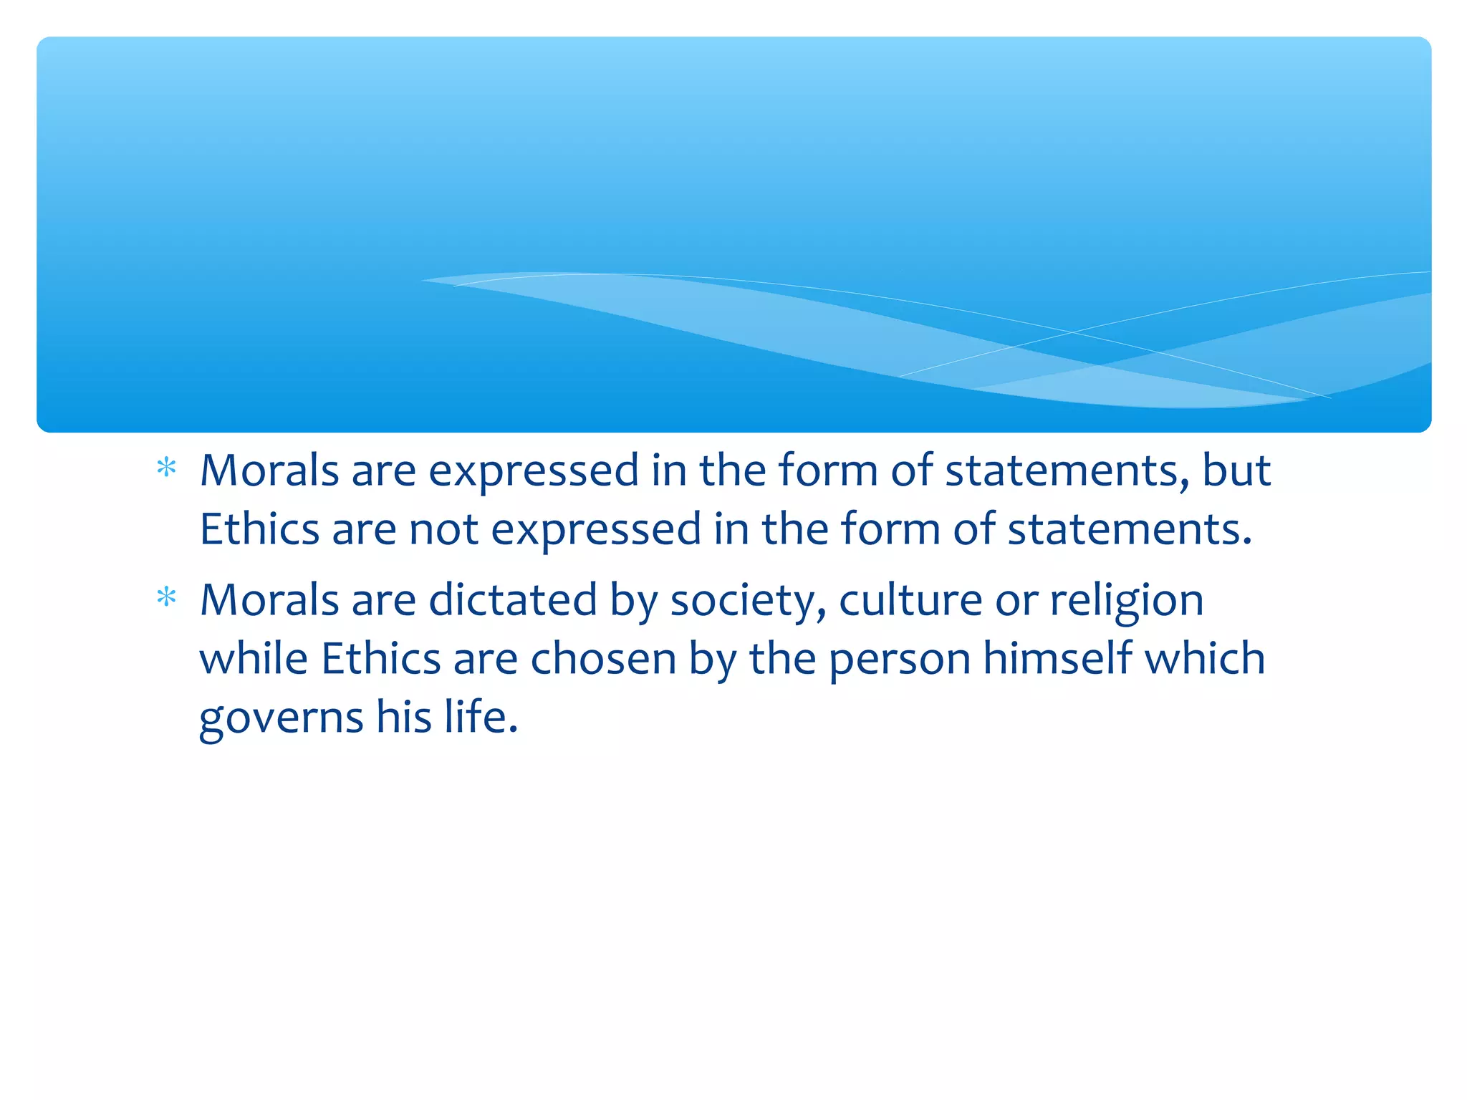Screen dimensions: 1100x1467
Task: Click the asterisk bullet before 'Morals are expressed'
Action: point(166,468)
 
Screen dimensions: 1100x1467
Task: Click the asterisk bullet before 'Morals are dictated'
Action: point(166,597)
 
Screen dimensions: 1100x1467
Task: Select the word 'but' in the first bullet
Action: point(1236,471)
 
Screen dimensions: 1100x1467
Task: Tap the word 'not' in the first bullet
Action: point(443,529)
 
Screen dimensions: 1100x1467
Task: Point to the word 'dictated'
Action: point(512,599)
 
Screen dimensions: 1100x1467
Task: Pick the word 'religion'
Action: point(1127,602)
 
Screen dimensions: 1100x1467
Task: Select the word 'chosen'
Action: point(603,658)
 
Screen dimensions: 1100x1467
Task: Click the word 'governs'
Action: point(281,719)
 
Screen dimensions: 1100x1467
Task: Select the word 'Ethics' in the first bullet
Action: point(259,529)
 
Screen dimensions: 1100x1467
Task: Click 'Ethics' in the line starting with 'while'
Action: point(380,658)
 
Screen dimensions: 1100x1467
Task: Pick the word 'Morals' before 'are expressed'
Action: point(269,471)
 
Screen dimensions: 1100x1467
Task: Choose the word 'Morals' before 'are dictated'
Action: point(269,599)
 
